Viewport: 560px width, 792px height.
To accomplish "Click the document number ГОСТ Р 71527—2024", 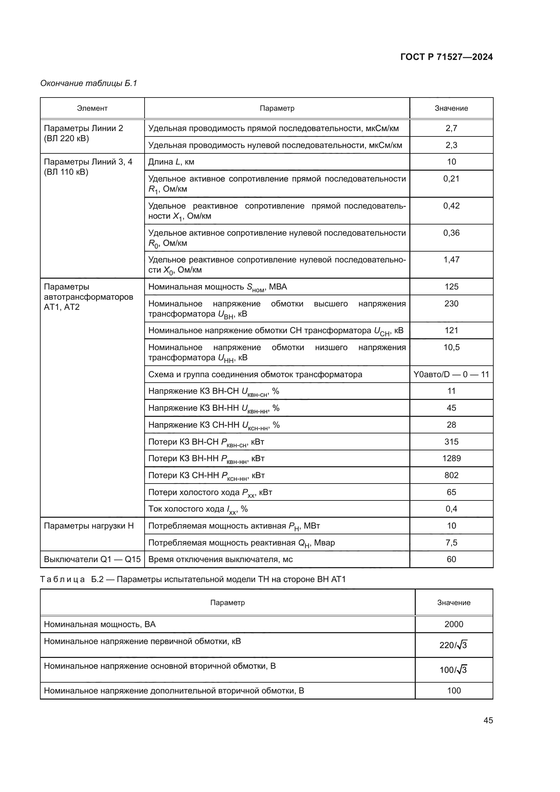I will coord(446,57).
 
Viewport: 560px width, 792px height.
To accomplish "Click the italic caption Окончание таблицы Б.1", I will coord(89,83).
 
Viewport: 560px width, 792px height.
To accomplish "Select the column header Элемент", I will coord(92,108).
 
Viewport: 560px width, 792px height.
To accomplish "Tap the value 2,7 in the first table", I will coord(451,128).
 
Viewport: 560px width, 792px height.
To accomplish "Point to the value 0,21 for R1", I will coord(451,179).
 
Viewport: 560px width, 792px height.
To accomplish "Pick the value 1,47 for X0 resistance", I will coord(451,260).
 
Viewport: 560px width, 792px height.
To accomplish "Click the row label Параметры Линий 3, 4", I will coord(88,162).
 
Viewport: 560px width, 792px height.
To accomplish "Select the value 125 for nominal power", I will coord(451,287).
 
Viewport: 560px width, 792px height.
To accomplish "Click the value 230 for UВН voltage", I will coord(451,303).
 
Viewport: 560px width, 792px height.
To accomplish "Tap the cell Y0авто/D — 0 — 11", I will coord(451,374).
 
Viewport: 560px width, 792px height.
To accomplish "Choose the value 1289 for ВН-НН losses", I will coord(451,458).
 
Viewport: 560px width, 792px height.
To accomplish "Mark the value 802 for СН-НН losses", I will coord(451,475).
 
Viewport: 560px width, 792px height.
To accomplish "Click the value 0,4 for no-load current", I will coord(451,509).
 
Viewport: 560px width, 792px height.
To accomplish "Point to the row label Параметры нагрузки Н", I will coord(89,526).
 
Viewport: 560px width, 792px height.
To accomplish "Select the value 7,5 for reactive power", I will coord(451,542).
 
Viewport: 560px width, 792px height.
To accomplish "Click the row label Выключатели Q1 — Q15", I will coord(92,559).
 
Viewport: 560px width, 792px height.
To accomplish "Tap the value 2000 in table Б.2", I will coord(453,624).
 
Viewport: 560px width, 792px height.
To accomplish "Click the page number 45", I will coord(488,720).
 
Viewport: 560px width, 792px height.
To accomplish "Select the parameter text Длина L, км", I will coord(171,162).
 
